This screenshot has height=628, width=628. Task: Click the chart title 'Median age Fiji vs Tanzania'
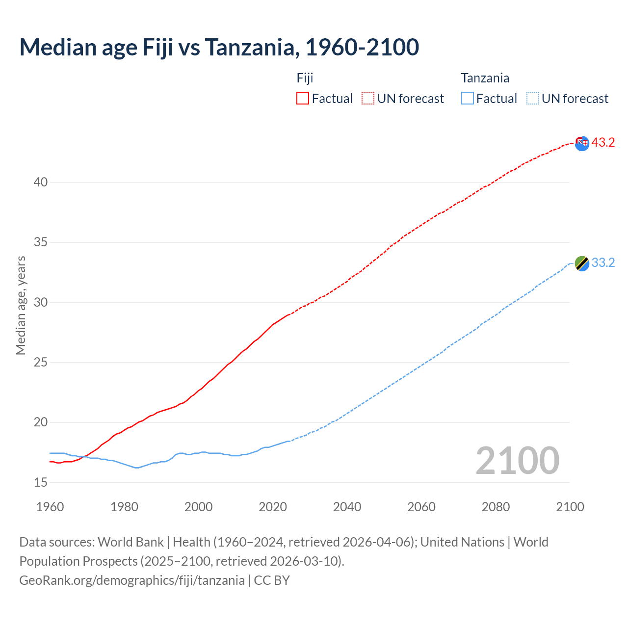tap(219, 47)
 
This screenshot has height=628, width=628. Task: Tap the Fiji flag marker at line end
tap(582, 143)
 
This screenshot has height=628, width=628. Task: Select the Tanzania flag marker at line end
tap(582, 263)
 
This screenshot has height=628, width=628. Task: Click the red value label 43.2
tap(603, 143)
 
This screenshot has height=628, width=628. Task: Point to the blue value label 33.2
tap(603, 263)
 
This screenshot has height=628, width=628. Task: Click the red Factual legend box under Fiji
tap(303, 99)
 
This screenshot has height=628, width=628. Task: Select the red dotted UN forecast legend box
tap(368, 99)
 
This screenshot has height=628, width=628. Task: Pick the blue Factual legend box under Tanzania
tap(467, 99)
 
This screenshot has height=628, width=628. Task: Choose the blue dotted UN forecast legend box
tap(532, 99)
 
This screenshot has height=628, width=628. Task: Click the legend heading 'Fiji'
tap(305, 78)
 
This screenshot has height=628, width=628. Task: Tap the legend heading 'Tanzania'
tap(485, 78)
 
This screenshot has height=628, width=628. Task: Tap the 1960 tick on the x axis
tap(50, 507)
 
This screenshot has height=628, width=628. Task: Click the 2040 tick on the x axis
tap(347, 507)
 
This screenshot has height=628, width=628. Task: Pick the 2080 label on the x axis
tap(496, 507)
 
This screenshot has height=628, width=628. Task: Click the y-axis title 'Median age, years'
tap(21, 305)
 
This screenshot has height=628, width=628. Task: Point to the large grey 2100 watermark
tap(517, 460)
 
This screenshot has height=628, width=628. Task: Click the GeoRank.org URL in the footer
tap(131, 580)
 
